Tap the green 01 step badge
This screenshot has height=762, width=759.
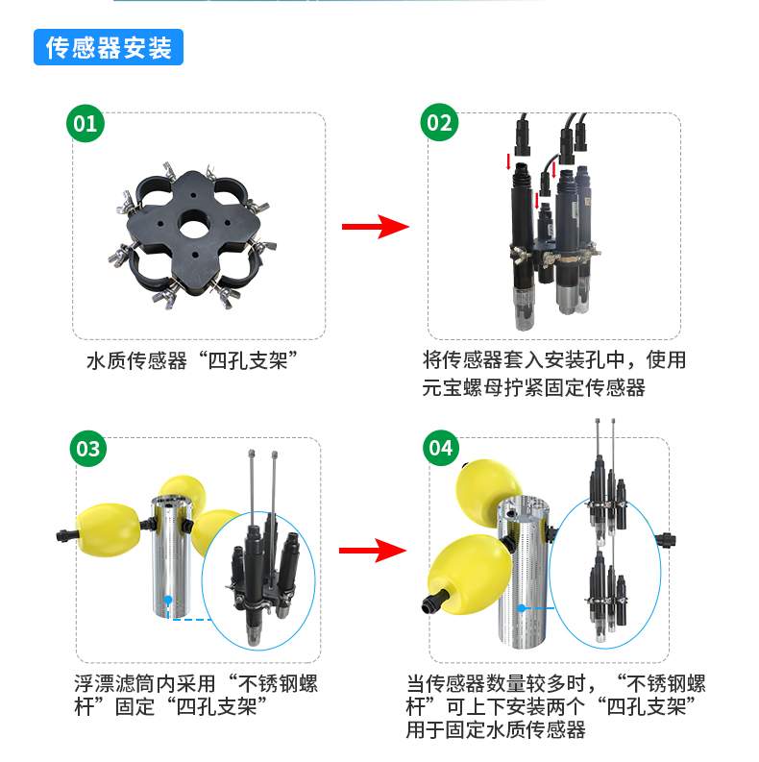86,123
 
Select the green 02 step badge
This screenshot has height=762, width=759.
439,123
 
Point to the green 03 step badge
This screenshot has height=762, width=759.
86,448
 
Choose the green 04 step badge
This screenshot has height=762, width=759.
439,448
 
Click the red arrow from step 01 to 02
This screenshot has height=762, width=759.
375,228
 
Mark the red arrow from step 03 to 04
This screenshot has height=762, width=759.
375,551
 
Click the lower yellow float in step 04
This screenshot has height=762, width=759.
468,572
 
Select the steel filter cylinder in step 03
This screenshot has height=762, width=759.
177,557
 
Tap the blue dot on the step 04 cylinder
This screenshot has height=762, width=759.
520,608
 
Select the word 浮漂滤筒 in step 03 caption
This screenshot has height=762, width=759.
111,685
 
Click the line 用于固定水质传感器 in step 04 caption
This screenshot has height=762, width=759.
496,731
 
